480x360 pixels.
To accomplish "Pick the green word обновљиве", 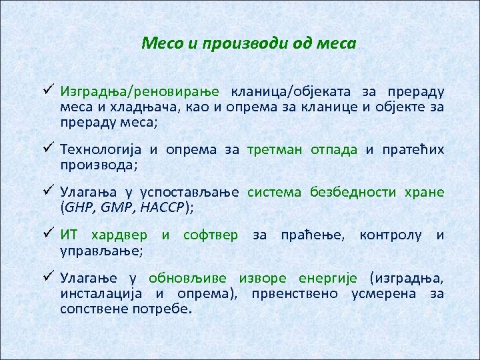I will (187, 278).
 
